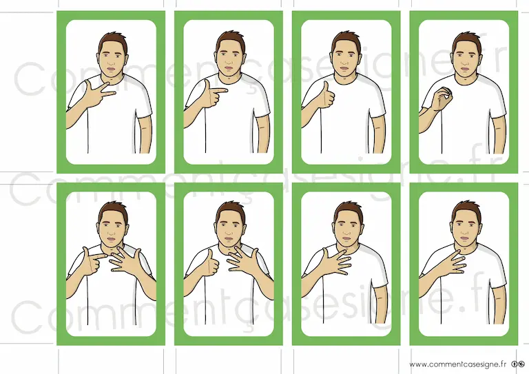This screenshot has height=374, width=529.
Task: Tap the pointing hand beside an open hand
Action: point(93,260)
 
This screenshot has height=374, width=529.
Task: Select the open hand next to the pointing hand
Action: point(127,260)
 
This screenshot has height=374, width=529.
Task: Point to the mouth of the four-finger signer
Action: point(464,238)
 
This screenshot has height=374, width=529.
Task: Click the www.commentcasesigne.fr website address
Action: point(458,364)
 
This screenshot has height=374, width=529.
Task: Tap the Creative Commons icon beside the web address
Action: point(518,364)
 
